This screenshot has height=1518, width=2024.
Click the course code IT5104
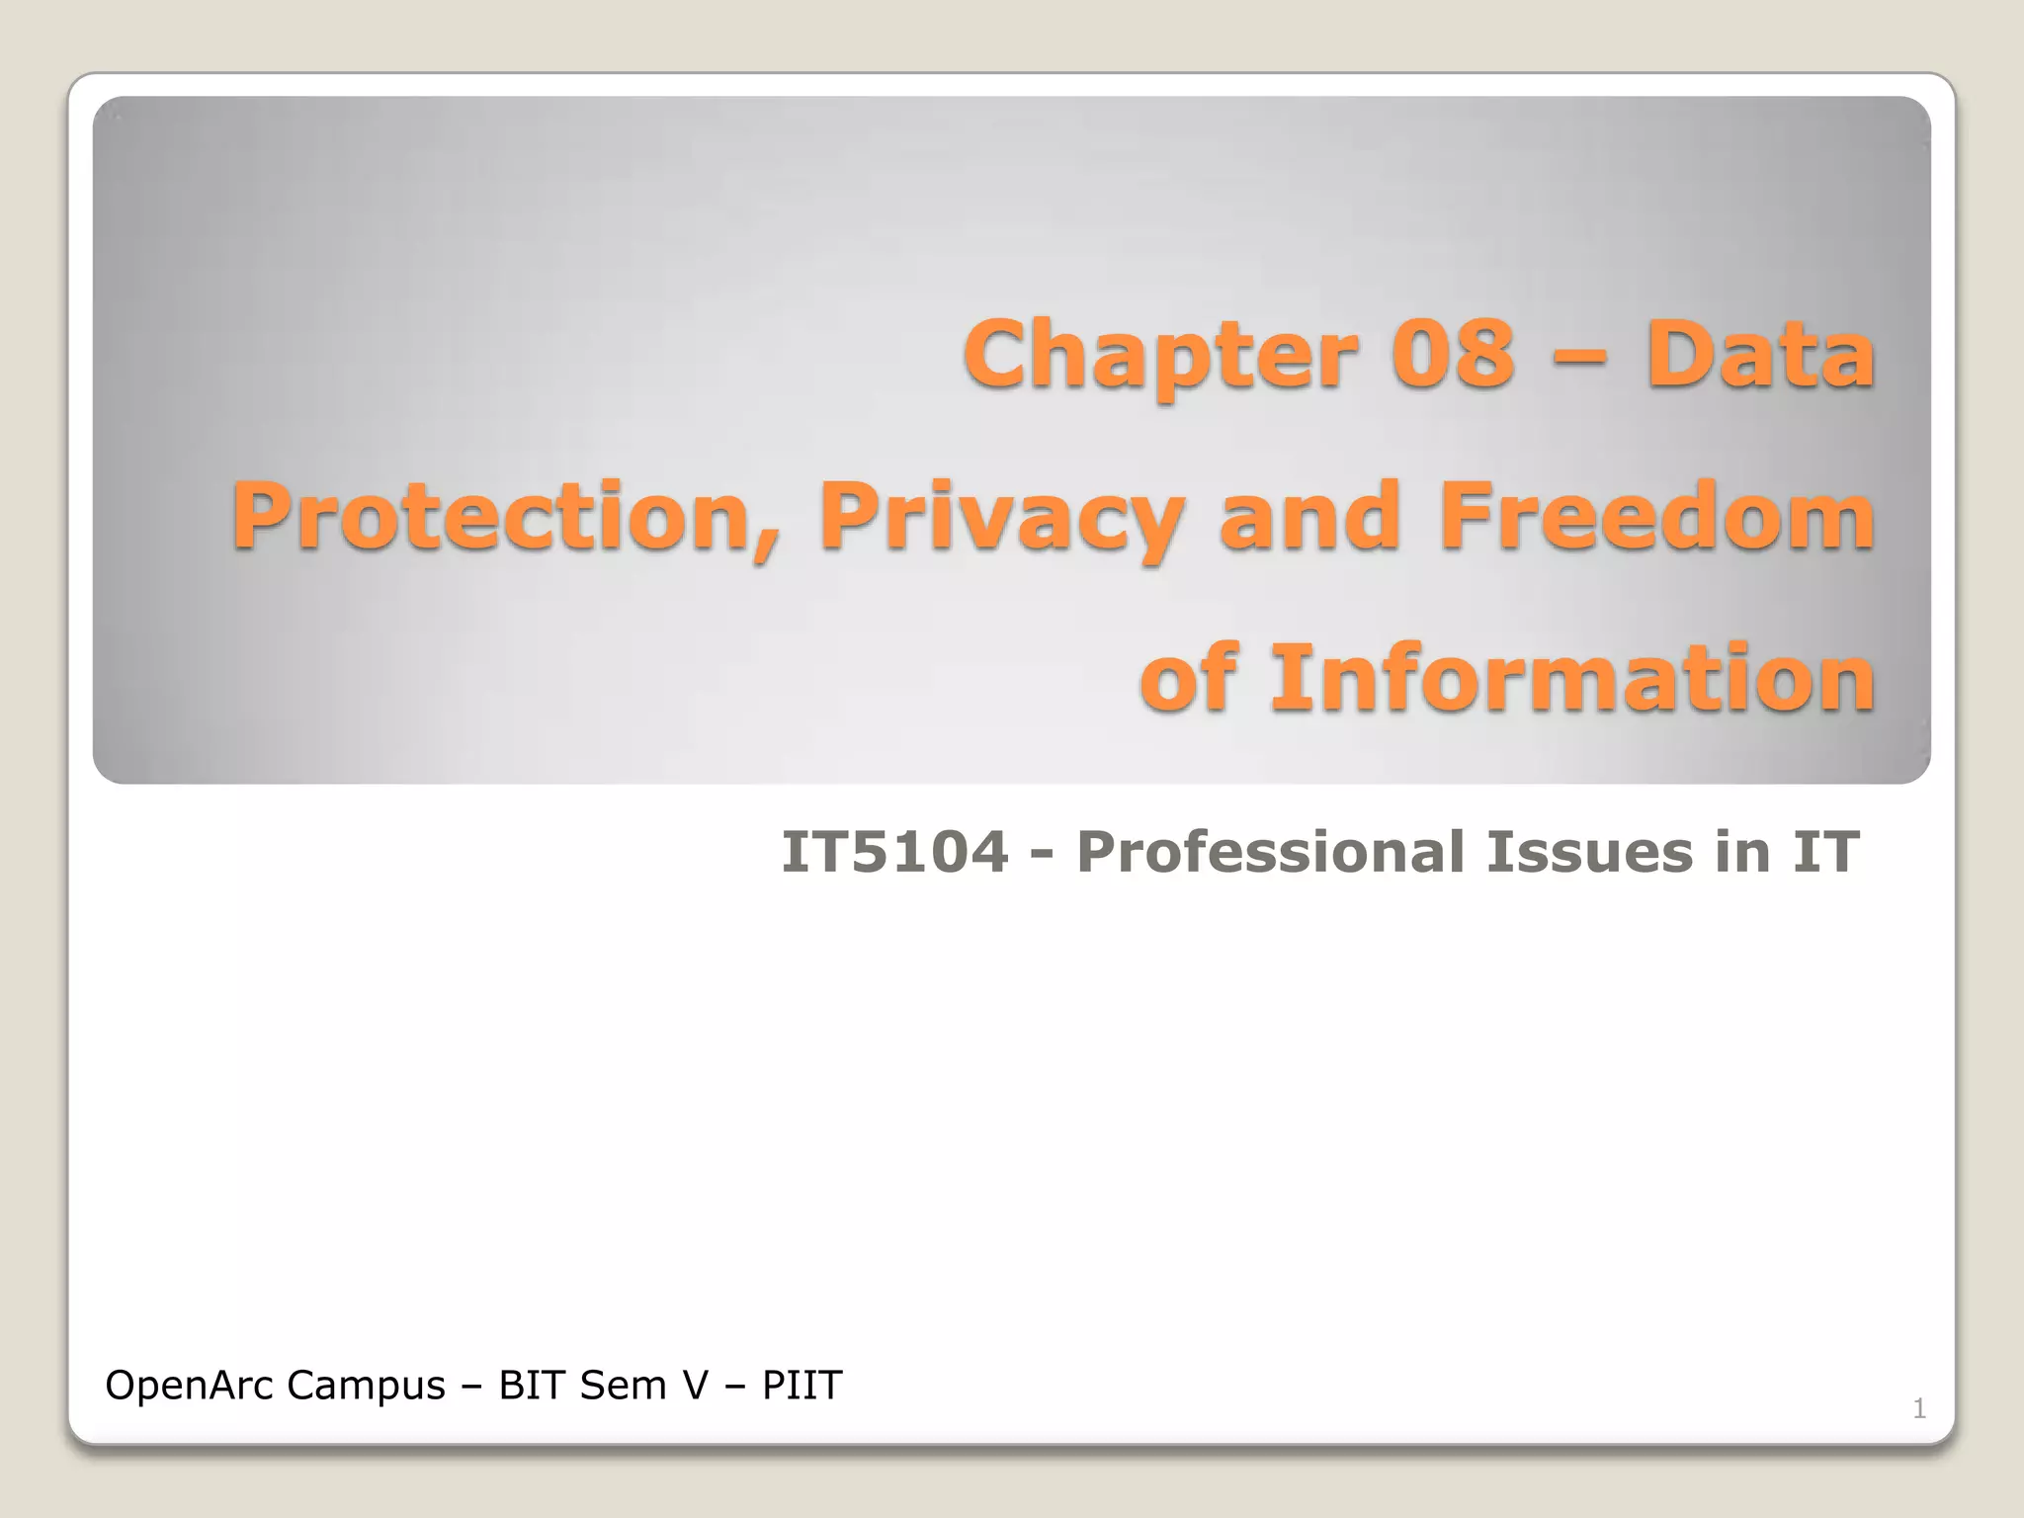click(x=894, y=852)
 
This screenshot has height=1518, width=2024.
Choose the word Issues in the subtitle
click(x=1589, y=852)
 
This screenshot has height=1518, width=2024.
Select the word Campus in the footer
click(x=366, y=1386)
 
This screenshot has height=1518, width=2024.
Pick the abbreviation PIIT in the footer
click(x=801, y=1386)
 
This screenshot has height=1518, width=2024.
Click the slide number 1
click(x=1919, y=1408)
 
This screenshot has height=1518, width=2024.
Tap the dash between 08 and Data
click(x=1579, y=358)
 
